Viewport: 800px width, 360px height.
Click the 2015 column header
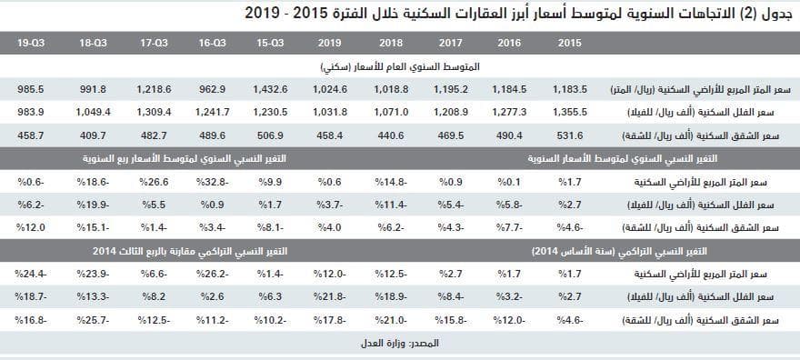(x=570, y=43)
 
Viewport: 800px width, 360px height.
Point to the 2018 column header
(x=391, y=43)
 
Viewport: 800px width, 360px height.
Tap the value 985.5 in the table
(x=31, y=89)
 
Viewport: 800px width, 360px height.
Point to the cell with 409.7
(x=94, y=135)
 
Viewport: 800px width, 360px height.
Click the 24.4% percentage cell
(x=31, y=273)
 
